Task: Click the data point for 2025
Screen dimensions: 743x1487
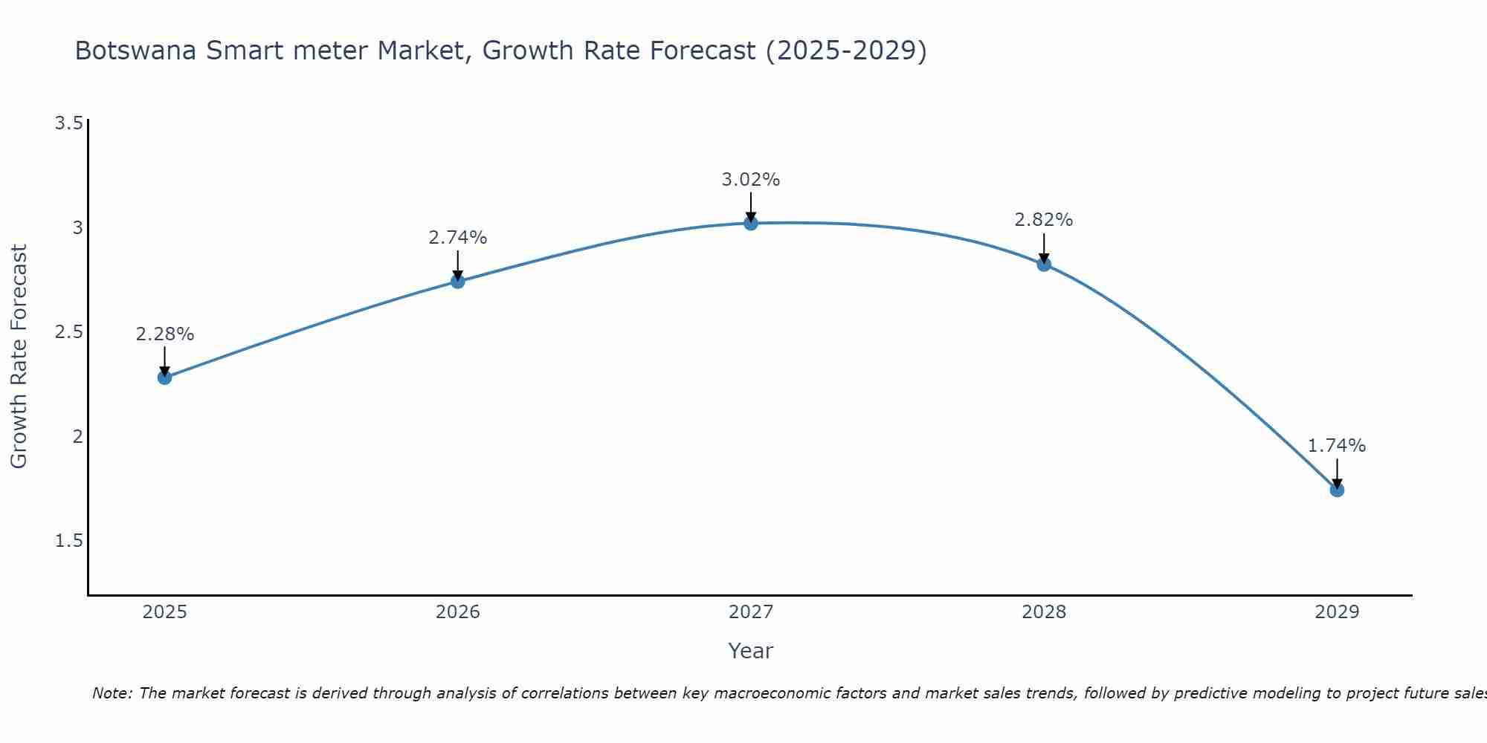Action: click(x=165, y=377)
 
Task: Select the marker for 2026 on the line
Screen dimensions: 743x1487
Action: click(x=458, y=281)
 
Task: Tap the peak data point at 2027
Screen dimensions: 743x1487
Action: click(x=751, y=223)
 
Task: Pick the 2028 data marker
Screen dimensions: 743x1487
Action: click(x=1044, y=264)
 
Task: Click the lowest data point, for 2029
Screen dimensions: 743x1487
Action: click(x=1337, y=490)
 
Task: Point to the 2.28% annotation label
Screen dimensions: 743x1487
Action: click(x=165, y=334)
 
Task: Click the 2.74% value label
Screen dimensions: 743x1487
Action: click(x=458, y=238)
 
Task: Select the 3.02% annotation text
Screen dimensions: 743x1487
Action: click(x=751, y=180)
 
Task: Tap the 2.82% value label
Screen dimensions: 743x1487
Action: click(x=1044, y=220)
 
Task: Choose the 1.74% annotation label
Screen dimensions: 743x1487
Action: click(x=1337, y=446)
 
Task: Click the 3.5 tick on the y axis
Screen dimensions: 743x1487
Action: click(x=68, y=123)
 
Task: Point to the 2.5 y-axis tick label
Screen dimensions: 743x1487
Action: click(x=68, y=332)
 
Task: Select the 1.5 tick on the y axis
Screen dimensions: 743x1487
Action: click(x=68, y=541)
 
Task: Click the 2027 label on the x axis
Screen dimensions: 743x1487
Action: click(x=751, y=612)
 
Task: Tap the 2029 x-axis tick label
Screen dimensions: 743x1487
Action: click(x=1337, y=612)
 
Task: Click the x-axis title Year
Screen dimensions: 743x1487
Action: click(x=751, y=651)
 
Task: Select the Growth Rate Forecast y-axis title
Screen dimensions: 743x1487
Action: click(x=19, y=357)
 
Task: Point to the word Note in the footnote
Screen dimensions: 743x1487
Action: click(x=112, y=693)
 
